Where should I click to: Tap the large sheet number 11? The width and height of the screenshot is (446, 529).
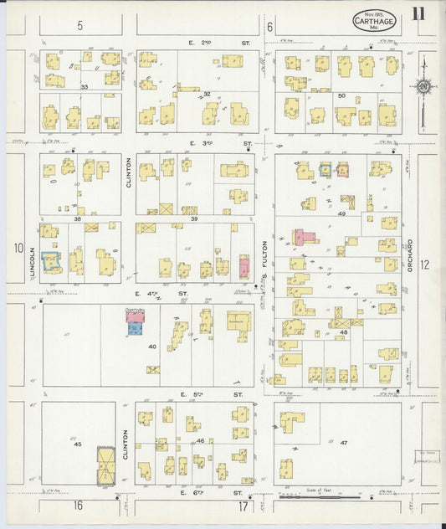point(417,13)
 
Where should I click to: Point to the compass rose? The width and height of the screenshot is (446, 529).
point(423,85)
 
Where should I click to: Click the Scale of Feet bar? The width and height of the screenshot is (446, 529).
point(321,496)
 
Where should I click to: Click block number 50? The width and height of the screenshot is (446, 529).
point(341,95)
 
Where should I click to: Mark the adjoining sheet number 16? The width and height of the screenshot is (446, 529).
point(78,505)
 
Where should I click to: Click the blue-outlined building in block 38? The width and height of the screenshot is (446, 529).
point(51,262)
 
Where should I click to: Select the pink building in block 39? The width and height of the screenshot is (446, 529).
point(244,267)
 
